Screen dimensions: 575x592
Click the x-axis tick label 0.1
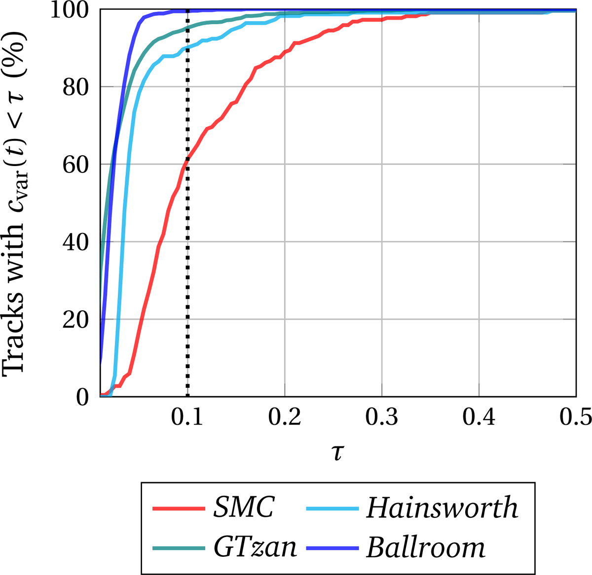(x=187, y=418)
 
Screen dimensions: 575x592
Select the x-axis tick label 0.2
(x=285, y=418)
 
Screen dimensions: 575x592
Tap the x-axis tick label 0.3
(x=381, y=418)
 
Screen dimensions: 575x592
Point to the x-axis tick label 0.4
(x=479, y=418)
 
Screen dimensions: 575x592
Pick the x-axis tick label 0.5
(x=575, y=418)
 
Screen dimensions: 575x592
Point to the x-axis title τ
(x=337, y=452)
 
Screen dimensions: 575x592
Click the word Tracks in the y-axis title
(x=13, y=345)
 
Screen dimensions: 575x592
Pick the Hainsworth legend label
(x=442, y=507)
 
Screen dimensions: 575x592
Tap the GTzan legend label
(x=256, y=547)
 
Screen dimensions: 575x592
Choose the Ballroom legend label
(x=425, y=547)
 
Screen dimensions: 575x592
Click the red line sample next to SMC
(x=178, y=508)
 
